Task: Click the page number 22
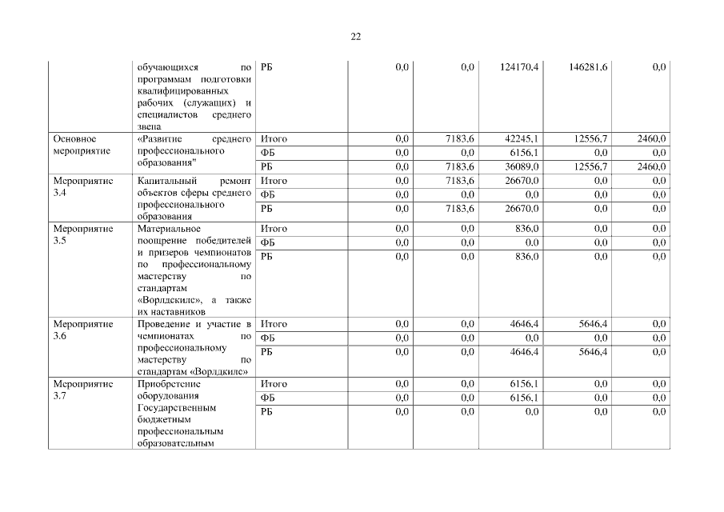pyautogui.click(x=356, y=36)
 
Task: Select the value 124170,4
pyautogui.click(x=519, y=67)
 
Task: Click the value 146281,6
pyautogui.click(x=588, y=67)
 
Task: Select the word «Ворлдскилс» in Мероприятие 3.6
pyautogui.click(x=222, y=372)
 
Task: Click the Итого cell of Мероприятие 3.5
pyautogui.click(x=274, y=229)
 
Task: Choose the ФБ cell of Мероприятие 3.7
pyautogui.click(x=269, y=398)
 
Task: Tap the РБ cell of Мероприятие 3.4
pyautogui.click(x=268, y=209)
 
